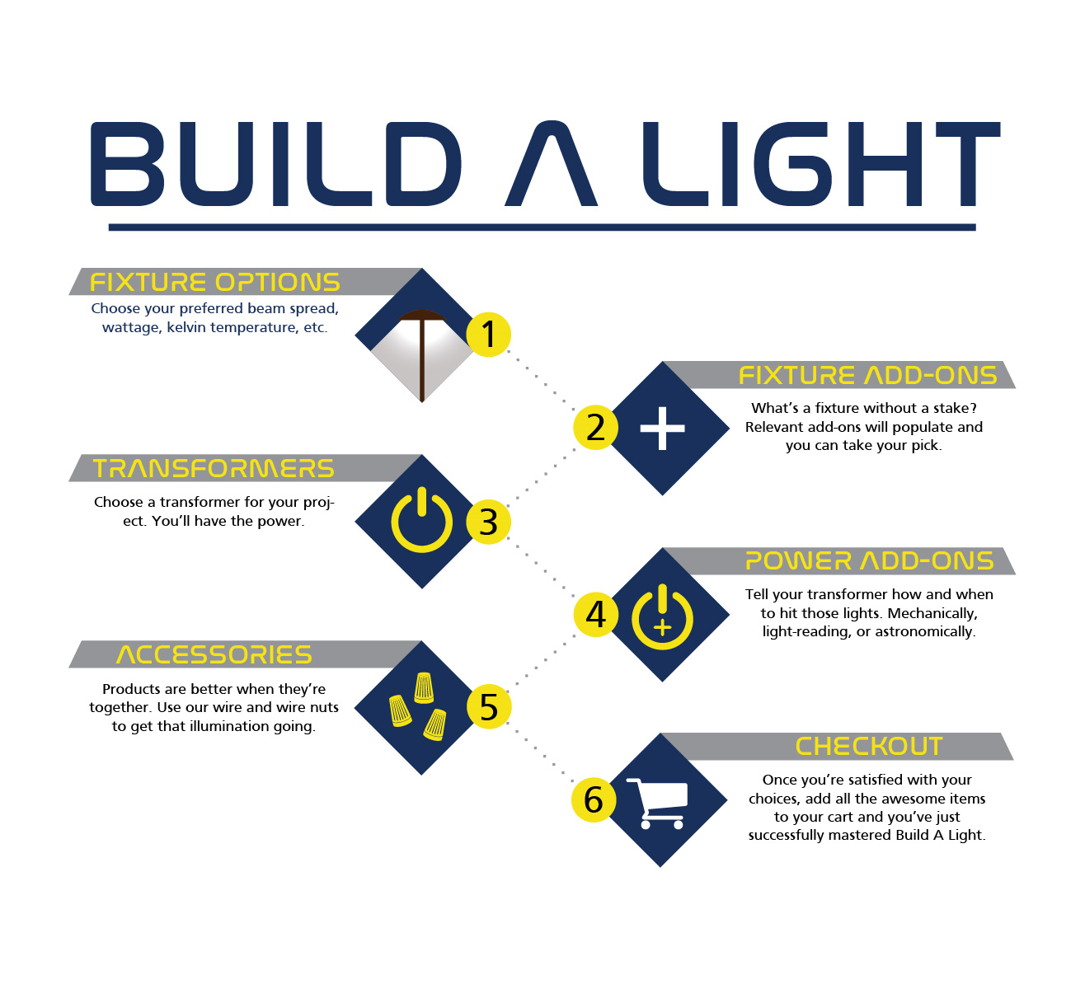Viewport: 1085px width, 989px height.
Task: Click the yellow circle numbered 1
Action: [488, 334]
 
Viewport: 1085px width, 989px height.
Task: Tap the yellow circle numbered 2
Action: [595, 428]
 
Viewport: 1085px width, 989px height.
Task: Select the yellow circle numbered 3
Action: [488, 522]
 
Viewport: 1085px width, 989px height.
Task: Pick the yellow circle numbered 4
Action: [595, 614]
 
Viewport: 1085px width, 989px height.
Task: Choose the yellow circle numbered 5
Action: [488, 707]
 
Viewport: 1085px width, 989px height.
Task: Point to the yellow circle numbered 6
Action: [594, 799]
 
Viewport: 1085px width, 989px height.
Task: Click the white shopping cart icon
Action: [658, 804]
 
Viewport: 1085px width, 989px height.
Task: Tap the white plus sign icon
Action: [662, 429]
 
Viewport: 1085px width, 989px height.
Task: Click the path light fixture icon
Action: [422, 355]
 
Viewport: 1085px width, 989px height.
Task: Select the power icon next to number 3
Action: [421, 520]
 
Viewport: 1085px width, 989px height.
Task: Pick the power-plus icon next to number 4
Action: [662, 616]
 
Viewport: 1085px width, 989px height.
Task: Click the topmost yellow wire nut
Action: [424, 687]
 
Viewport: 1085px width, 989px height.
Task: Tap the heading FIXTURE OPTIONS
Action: [214, 282]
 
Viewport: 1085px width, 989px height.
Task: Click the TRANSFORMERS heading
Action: [214, 468]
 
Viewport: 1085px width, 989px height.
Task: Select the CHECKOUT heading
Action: [869, 746]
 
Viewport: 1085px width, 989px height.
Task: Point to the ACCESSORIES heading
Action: [214, 655]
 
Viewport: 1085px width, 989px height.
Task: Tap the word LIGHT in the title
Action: [822, 164]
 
